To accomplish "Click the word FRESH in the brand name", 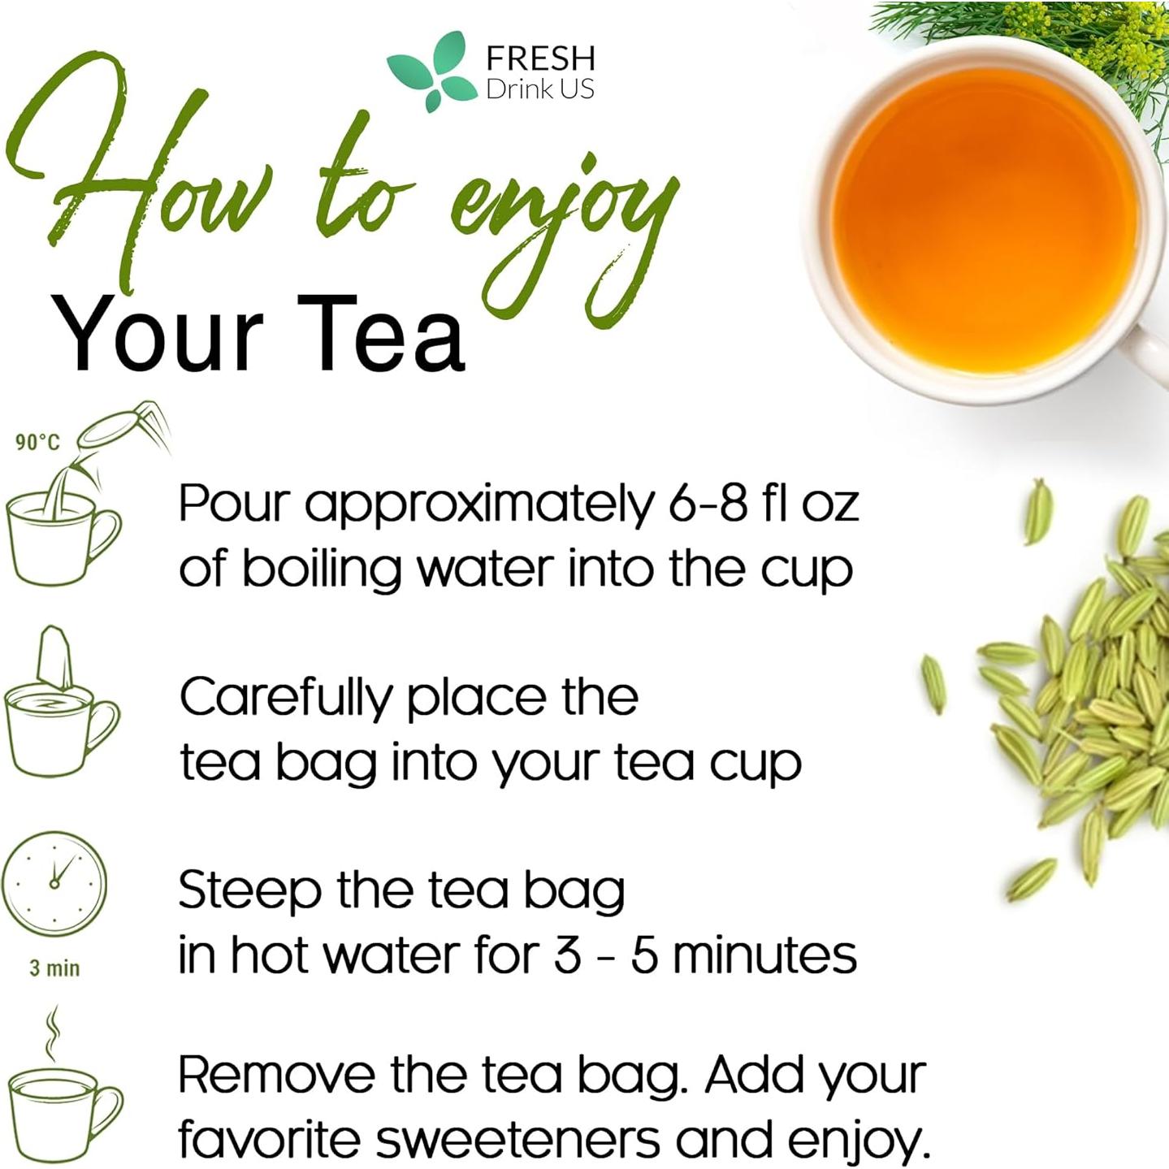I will (540, 58).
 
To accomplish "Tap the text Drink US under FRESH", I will (540, 89).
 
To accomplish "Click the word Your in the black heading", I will (158, 335).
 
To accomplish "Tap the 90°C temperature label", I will (37, 442).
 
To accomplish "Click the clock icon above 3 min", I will (54, 883).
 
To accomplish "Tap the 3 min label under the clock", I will (54, 968).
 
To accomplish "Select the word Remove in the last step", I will (276, 1076).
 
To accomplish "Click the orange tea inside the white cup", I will (983, 211).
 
